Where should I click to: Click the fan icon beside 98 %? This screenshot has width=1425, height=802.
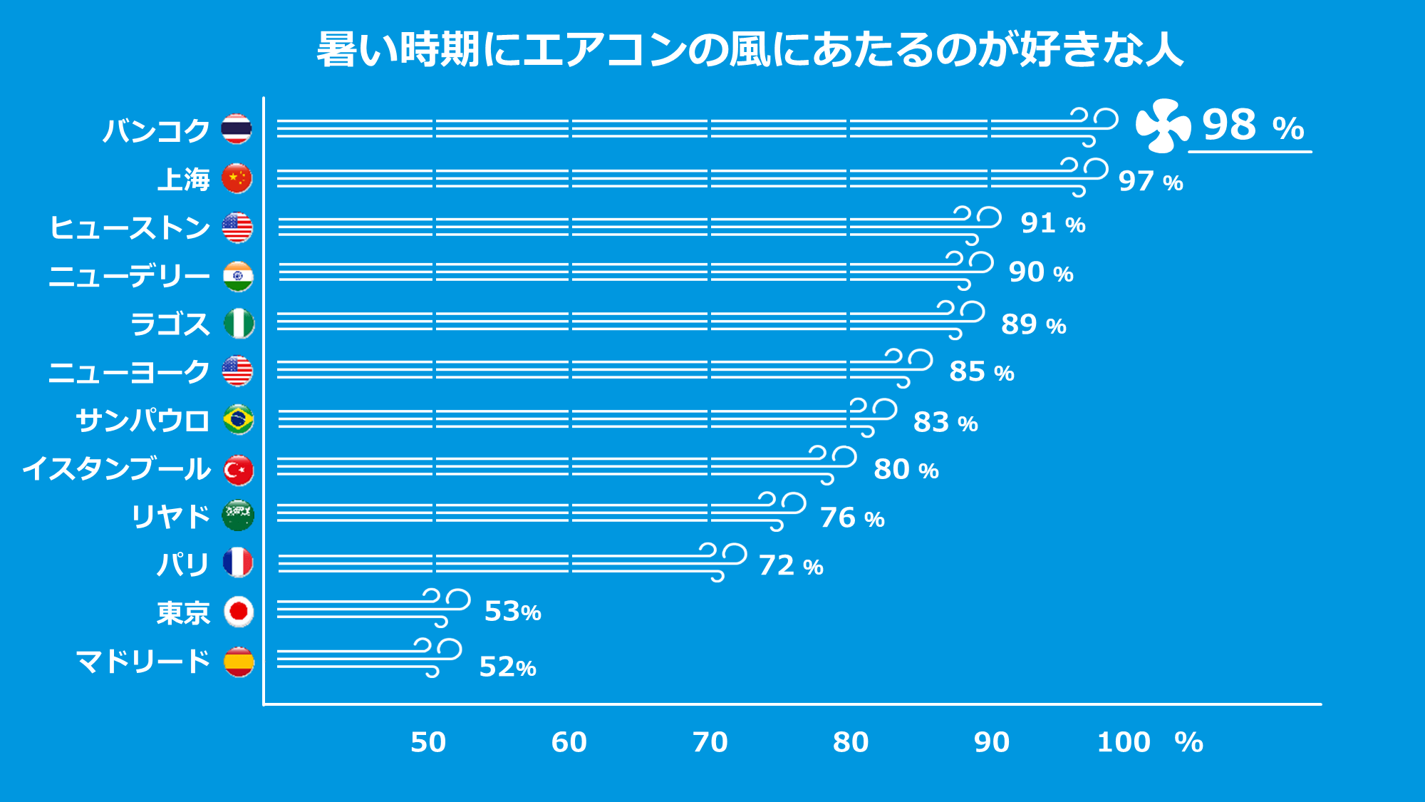pyautogui.click(x=1162, y=126)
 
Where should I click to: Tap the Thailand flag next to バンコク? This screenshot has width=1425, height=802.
pyautogui.click(x=237, y=129)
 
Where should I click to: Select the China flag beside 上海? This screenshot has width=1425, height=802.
pyautogui.click(x=237, y=178)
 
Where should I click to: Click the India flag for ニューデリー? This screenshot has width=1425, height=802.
pyautogui.click(x=237, y=276)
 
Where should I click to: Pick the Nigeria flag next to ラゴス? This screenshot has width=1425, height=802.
pyautogui.click(x=239, y=324)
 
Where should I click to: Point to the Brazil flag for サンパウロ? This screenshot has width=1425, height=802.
pyautogui.click(x=238, y=419)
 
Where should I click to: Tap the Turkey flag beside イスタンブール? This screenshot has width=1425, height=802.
pyautogui.click(x=238, y=470)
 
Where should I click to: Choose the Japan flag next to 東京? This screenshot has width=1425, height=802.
pyautogui.click(x=238, y=612)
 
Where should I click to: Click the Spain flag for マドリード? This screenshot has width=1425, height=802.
pyautogui.click(x=238, y=662)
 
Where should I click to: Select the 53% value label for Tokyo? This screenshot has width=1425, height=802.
pyautogui.click(x=512, y=612)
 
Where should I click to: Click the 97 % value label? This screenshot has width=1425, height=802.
pyautogui.click(x=1150, y=181)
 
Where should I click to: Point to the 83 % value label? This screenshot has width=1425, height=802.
pyautogui.click(x=945, y=422)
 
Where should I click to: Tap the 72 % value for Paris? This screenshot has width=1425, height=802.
pyautogui.click(x=791, y=566)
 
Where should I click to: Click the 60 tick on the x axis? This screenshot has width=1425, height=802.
pyautogui.click(x=569, y=743)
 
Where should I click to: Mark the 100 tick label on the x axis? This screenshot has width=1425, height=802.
pyautogui.click(x=1124, y=743)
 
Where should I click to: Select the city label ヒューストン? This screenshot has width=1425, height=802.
pyautogui.click(x=130, y=228)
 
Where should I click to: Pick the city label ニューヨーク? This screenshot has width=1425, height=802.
pyautogui.click(x=129, y=372)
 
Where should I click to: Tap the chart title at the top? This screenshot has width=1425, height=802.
pyautogui.click(x=750, y=50)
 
